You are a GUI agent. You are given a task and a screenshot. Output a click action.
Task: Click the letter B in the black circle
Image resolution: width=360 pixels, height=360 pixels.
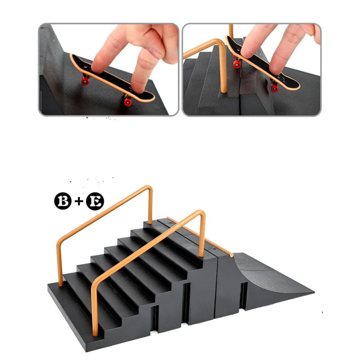pyautogui.click(x=63, y=201)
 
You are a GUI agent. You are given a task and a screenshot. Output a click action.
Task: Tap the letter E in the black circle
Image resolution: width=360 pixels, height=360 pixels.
pyautogui.click(x=95, y=201)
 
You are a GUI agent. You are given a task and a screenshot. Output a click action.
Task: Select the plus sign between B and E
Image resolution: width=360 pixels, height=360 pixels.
pyautogui.click(x=79, y=201)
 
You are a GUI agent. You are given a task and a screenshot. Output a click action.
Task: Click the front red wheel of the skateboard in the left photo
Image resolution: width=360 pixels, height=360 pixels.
pyautogui.click(x=128, y=102)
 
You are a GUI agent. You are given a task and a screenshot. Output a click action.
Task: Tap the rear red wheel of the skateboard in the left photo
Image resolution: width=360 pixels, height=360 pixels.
pyautogui.click(x=85, y=81)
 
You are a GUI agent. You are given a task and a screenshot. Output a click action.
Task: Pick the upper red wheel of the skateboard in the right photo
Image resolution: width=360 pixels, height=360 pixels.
pyautogui.click(x=237, y=64)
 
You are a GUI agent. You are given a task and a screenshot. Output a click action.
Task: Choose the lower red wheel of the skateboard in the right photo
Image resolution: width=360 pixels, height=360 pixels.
pyautogui.click(x=274, y=88)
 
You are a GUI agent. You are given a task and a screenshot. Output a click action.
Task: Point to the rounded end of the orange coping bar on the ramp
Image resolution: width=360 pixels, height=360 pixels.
pyautogui.click(x=231, y=255)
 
